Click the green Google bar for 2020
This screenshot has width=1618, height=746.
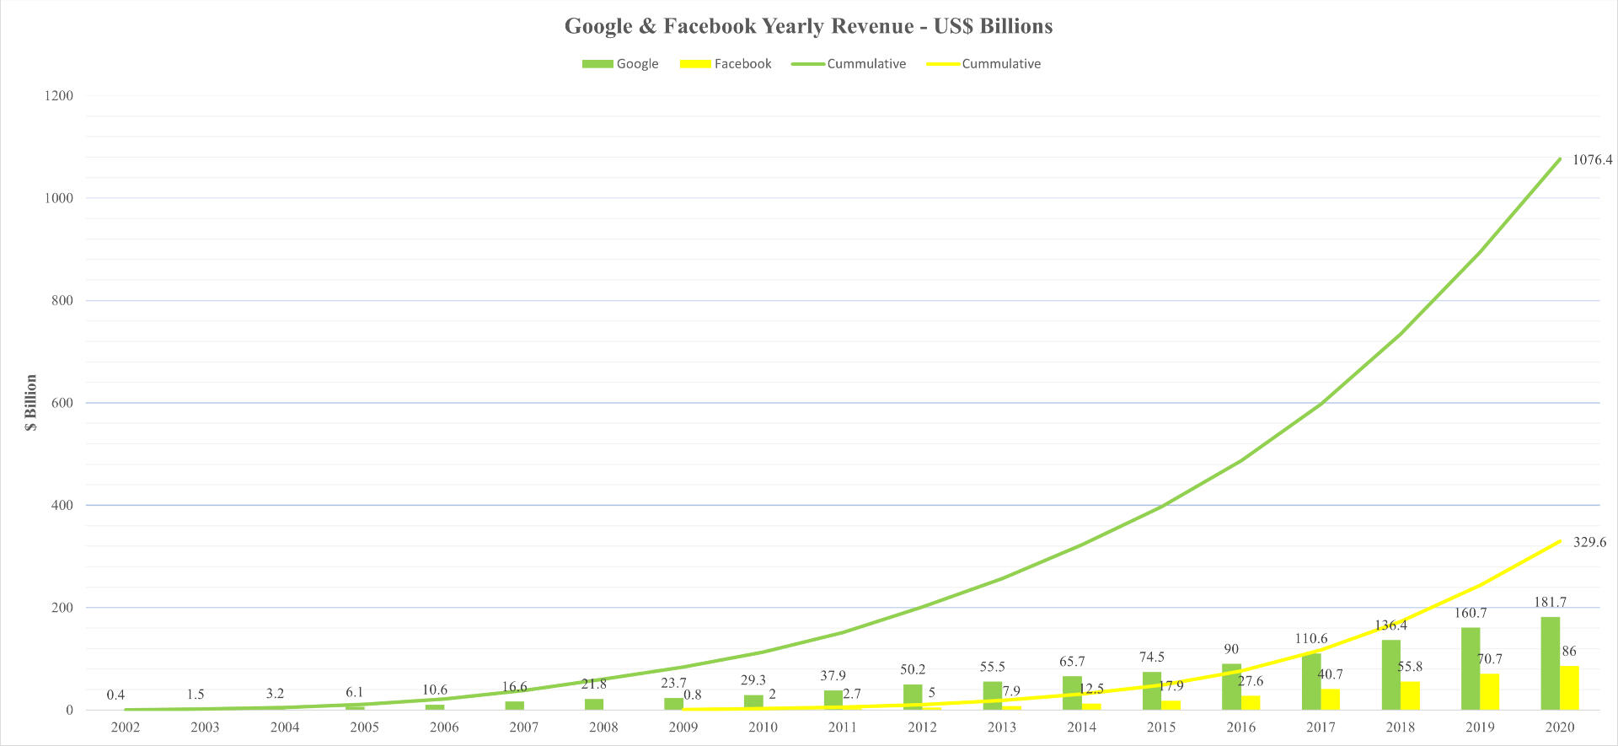(1550, 663)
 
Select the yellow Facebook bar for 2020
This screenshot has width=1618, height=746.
(1569, 688)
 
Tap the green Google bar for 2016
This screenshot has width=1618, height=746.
(1231, 687)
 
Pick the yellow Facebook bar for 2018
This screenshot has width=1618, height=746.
(1410, 695)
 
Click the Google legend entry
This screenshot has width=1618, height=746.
(621, 64)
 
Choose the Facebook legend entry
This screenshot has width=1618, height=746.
(726, 64)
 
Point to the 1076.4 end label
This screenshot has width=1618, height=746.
(1592, 160)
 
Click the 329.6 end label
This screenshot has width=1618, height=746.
(1589, 543)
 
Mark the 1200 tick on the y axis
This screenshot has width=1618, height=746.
(58, 96)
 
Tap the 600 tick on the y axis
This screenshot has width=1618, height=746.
(62, 403)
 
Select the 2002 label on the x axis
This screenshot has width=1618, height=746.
(125, 727)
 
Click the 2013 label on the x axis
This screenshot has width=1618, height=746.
(1001, 727)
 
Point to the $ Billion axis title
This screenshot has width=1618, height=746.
(31, 403)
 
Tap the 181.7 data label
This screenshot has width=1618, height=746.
(1550, 603)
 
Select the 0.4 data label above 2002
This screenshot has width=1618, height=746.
(115, 695)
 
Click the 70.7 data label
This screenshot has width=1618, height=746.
(1489, 659)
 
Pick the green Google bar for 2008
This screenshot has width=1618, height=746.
(594, 704)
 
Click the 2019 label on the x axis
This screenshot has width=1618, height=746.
(1480, 727)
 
